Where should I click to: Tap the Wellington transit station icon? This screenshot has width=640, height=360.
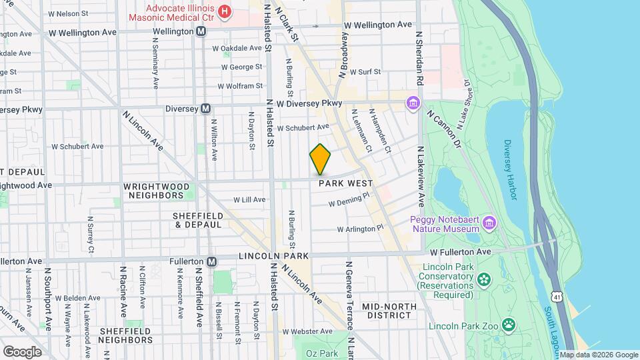point(200,31)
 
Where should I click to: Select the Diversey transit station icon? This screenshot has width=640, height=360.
point(206,109)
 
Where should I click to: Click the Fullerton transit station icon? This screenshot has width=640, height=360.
point(212,261)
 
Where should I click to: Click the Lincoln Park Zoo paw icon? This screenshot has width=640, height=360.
point(509,325)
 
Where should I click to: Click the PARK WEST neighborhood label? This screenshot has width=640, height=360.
point(344,183)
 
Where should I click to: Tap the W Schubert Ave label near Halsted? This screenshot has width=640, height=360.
point(303,127)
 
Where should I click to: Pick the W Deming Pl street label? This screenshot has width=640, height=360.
point(349,199)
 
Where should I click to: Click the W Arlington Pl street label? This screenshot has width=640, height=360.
point(361,229)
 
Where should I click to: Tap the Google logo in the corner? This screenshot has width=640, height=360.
point(22,351)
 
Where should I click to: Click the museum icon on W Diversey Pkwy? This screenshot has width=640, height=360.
point(413,103)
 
